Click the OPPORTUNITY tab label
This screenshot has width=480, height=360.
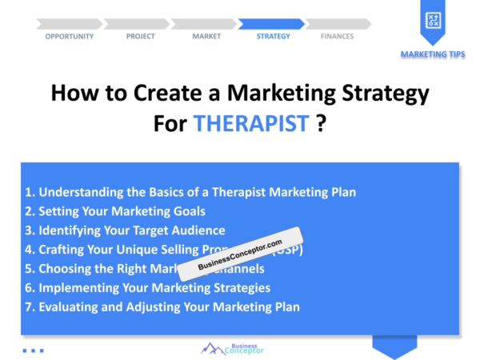pyautogui.click(x=69, y=36)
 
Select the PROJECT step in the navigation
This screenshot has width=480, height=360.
pyautogui.click(x=141, y=36)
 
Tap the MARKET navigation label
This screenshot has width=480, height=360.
pyautogui.click(x=206, y=36)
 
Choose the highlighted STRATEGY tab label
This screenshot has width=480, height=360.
pyautogui.click(x=274, y=36)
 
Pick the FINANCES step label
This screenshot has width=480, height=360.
pyautogui.click(x=337, y=36)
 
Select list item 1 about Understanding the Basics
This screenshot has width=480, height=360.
pyautogui.click(x=190, y=192)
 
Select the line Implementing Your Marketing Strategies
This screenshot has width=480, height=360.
pyautogui.click(x=147, y=288)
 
